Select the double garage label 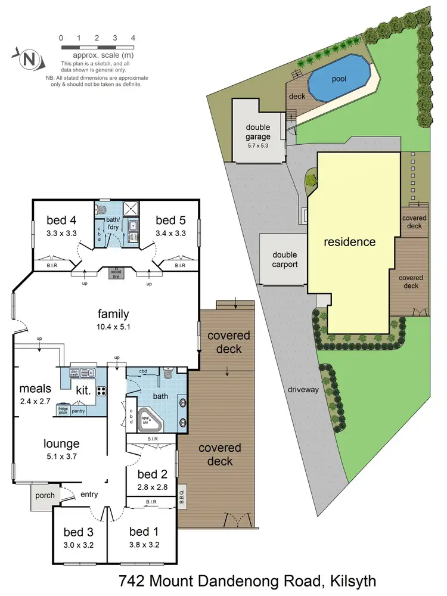tap(258, 132)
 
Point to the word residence tap(350, 242)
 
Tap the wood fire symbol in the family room tap(113, 273)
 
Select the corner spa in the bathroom tap(148, 420)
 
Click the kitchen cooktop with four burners tap(101, 391)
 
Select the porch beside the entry tap(45, 495)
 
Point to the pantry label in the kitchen tap(78, 411)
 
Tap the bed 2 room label tap(151, 474)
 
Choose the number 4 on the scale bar tap(133, 38)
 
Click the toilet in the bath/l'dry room tap(103, 210)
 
